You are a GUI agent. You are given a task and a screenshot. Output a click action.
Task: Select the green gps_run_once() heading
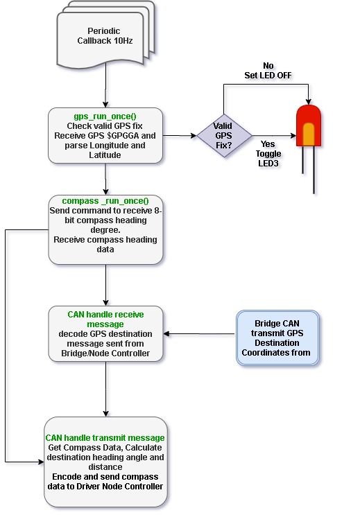click(x=105, y=116)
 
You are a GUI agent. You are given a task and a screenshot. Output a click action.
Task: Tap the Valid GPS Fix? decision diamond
click(x=224, y=135)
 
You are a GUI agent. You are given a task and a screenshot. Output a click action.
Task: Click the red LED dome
click(x=309, y=125)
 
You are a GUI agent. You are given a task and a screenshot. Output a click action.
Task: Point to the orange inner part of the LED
click(x=309, y=134)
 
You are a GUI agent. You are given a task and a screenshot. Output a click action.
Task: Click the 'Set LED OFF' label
click(x=268, y=76)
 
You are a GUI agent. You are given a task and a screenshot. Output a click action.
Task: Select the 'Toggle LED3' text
click(x=268, y=158)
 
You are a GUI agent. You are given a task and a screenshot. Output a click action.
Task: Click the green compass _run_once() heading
click(x=105, y=201)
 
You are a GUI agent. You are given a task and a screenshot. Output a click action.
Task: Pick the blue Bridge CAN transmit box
click(x=277, y=338)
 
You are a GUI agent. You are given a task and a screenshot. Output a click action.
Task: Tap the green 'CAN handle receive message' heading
click(x=105, y=320)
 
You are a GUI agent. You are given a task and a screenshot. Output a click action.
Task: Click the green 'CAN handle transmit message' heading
click(x=105, y=438)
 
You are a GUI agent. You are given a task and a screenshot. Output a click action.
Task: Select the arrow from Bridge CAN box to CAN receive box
click(x=199, y=333)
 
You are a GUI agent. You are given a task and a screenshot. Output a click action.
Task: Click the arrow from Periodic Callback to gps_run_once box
click(x=105, y=85)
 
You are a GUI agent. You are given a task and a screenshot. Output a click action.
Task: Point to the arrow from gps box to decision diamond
click(x=180, y=135)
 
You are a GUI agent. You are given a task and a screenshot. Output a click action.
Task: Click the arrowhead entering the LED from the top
click(x=309, y=101)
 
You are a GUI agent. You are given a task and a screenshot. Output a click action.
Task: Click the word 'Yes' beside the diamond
click(x=268, y=144)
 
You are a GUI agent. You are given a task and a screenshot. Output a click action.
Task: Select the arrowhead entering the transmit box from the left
click(x=41, y=462)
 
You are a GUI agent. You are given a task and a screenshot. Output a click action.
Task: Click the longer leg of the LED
click(x=314, y=170)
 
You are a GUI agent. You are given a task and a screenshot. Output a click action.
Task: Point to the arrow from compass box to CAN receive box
click(x=105, y=285)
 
